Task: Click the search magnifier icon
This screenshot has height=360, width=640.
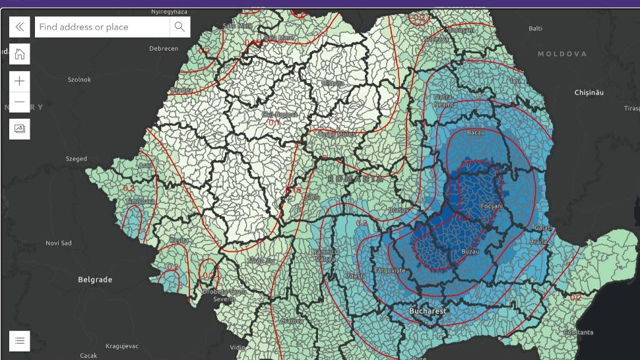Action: [x=179, y=27]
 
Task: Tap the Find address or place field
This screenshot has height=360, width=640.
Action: [x=102, y=27]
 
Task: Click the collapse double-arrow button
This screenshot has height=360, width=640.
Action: [x=20, y=27]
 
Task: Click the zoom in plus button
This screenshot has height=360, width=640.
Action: [x=20, y=81]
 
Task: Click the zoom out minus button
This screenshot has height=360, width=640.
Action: [x=20, y=102]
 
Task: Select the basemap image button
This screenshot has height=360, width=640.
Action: [x=20, y=128]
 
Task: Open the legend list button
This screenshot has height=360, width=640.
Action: [x=20, y=340]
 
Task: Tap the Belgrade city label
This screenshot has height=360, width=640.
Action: [x=95, y=280]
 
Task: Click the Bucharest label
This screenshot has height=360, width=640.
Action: [x=428, y=311]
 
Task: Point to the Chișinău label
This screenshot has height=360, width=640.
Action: [x=589, y=93]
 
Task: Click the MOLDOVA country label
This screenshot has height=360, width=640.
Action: [x=562, y=54]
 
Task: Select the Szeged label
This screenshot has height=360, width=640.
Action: [x=76, y=159]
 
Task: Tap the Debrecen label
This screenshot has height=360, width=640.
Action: [x=164, y=49]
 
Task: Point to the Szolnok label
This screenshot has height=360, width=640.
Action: [x=79, y=80]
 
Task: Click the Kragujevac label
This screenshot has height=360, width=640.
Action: [x=125, y=346]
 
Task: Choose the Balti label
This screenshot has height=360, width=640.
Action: [x=535, y=28]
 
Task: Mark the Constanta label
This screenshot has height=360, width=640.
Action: [x=577, y=332]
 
